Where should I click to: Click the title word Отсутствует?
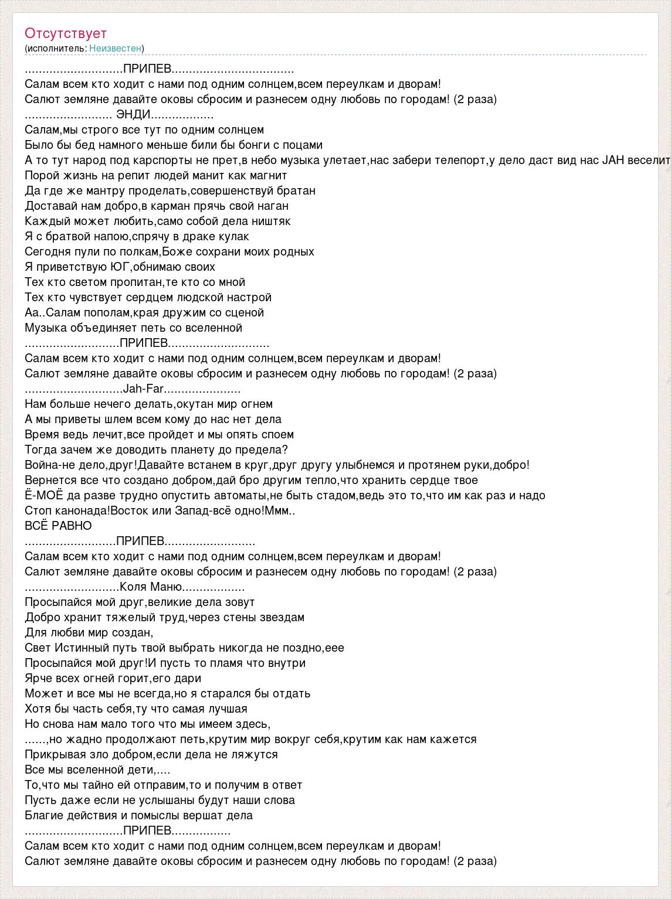[x=66, y=33]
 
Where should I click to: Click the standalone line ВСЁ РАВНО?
[x=59, y=526]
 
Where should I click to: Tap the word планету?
[x=201, y=449]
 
